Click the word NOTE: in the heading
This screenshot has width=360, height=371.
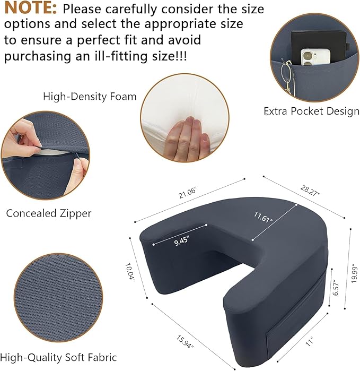click(30, 9)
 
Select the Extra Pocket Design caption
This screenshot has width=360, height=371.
click(311, 111)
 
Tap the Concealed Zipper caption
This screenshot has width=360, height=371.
click(49, 213)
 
